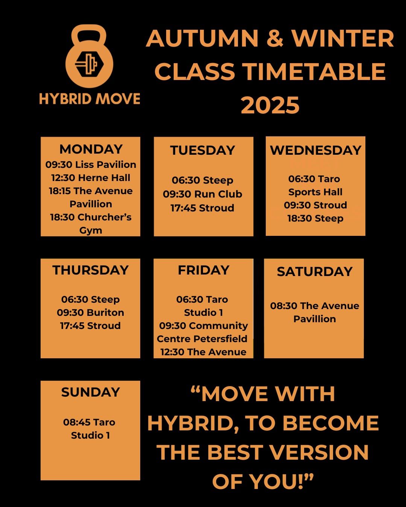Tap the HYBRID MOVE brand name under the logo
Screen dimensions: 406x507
pos(89,99)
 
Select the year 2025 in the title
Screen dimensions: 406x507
pos(270,105)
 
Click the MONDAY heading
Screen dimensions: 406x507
pos(91,149)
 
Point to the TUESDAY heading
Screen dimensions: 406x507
pos(203,150)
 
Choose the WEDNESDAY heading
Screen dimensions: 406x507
pos(316,150)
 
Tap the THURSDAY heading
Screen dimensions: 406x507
pos(90,270)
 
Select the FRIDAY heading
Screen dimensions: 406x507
pos(203,270)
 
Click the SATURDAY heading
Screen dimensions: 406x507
pos(315,272)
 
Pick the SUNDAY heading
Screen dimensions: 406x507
pos(90,392)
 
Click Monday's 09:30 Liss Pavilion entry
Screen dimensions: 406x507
pos(91,164)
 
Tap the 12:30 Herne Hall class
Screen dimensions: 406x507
pos(91,178)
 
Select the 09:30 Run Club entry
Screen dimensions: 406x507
pos(203,194)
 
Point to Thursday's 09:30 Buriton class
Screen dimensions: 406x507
pos(90,312)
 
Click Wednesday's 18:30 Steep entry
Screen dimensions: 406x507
pos(315,219)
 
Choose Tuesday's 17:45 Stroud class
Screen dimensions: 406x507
pos(203,208)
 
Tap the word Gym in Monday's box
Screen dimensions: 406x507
pos(91,231)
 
